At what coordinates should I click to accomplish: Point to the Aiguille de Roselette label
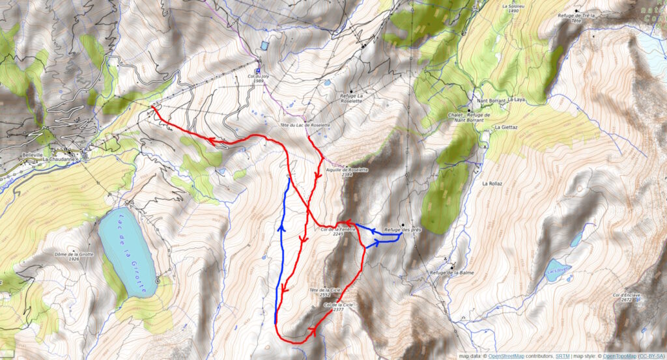coord(347,173)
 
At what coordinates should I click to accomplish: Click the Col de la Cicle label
coord(333,307)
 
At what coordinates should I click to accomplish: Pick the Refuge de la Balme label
coord(450,273)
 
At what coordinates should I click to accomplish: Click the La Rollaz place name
coord(492,184)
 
